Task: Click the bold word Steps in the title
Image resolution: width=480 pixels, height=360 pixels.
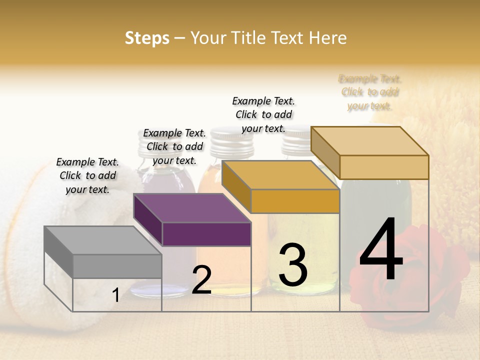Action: [x=147, y=38]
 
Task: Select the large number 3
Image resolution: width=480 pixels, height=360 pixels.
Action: [x=293, y=265]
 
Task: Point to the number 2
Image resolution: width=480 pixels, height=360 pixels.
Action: [x=201, y=280]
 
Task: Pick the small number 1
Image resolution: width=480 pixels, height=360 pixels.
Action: [x=116, y=295]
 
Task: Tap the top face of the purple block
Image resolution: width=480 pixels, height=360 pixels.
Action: [x=192, y=208]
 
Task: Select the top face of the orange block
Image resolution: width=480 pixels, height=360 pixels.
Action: [x=280, y=175]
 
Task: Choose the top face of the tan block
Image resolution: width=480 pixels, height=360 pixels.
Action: [x=370, y=141]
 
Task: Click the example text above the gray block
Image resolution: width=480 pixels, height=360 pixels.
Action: [x=87, y=175]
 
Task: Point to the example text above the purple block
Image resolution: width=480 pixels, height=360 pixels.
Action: [x=174, y=146]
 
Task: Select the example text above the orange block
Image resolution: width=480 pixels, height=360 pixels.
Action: [x=263, y=114]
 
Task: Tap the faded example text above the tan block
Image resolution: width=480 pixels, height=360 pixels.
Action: [x=370, y=92]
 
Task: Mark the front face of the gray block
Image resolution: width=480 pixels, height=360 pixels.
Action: [x=117, y=266]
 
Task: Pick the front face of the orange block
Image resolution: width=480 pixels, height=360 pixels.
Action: [x=295, y=201]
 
